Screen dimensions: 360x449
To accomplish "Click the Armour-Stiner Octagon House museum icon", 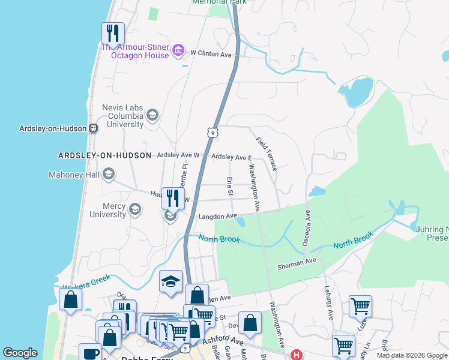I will pos(178,50).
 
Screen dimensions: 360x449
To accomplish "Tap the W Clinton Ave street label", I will pos(211,54).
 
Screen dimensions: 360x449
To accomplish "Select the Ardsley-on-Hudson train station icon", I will pos(94,128).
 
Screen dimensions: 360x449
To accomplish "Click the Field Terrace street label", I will pos(266,154).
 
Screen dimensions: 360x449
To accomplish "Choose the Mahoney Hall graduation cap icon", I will pos(109,175).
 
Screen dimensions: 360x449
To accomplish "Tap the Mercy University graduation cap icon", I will pos(135,209).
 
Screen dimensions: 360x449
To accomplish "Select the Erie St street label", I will pos(229,186).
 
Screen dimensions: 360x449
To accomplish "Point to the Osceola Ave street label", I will pos(306,228).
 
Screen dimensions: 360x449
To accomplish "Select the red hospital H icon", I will pos(296,355).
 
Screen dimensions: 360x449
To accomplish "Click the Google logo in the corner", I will pos(20,353).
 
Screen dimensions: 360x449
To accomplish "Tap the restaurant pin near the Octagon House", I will pos(113,34).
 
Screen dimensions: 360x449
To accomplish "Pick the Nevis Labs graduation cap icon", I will pos(152,115).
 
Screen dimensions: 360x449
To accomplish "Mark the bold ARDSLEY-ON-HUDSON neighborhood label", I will pos(104,155).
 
